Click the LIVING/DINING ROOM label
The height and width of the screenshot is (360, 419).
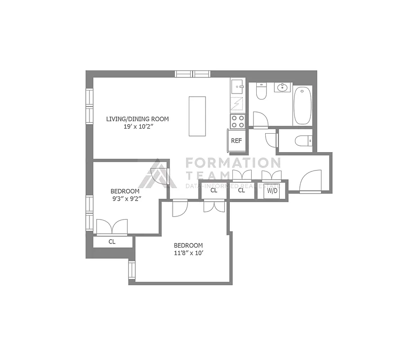(137, 119)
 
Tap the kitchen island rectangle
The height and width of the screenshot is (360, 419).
(197, 116)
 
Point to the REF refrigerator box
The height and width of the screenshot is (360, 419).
(236, 141)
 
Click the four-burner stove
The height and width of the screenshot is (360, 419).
(237, 121)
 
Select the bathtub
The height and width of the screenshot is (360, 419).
(303, 105)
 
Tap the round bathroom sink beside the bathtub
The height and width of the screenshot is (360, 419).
(283, 87)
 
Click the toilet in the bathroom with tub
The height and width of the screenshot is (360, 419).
(261, 91)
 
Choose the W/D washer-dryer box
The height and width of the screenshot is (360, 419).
(272, 190)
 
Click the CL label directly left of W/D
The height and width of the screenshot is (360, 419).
(241, 190)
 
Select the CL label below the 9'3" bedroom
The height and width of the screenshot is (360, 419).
(112, 242)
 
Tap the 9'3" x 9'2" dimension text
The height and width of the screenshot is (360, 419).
(126, 199)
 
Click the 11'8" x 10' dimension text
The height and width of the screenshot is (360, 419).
(188, 253)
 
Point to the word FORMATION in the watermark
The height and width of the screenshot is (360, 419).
(233, 162)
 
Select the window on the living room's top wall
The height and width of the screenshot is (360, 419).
(192, 74)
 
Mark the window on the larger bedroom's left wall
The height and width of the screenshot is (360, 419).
(132, 270)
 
